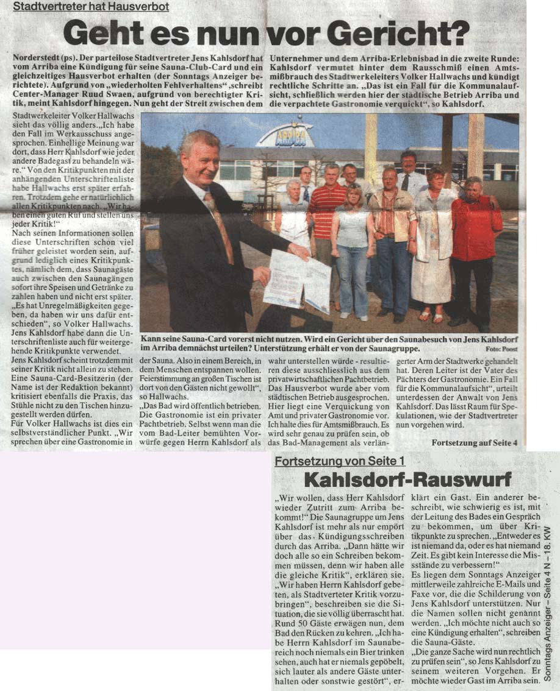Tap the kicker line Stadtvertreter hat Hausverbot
[x=92, y=7]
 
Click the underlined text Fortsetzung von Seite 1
[x=339, y=461]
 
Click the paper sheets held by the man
[x=297, y=279]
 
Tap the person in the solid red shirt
[x=476, y=232]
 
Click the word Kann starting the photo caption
[x=151, y=338]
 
